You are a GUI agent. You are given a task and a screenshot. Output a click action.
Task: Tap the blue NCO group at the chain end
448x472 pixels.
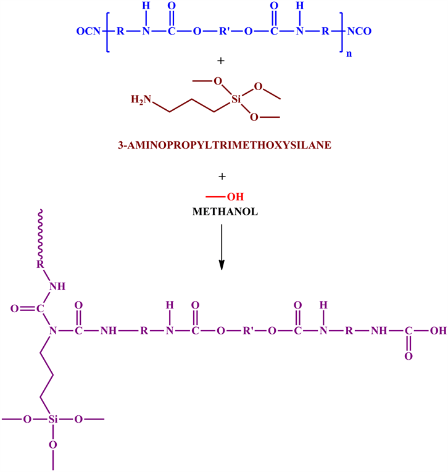click(x=360, y=30)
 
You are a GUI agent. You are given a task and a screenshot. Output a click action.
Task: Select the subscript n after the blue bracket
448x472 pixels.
click(x=349, y=54)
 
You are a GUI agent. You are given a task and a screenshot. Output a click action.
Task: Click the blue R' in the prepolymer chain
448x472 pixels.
click(x=222, y=30)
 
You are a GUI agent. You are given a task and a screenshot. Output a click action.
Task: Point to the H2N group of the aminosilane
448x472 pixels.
click(x=140, y=99)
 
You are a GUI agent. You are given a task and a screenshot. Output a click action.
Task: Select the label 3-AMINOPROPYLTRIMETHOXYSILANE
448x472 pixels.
click(x=223, y=147)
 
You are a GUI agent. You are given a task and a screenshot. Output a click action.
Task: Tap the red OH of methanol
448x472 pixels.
click(x=236, y=197)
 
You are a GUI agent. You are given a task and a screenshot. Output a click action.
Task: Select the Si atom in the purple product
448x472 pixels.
click(x=52, y=420)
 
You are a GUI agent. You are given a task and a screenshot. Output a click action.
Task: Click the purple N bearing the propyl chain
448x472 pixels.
click(x=52, y=331)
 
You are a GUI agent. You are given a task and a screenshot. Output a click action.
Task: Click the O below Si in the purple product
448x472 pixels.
click(x=52, y=444)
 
